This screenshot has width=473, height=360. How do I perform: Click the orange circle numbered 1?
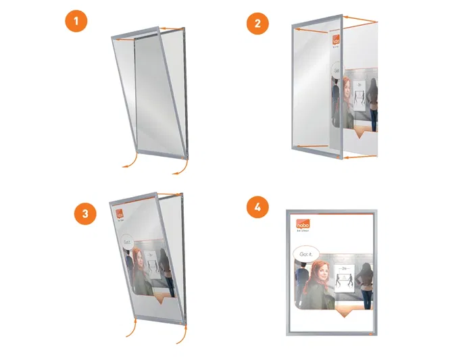coord(76,22)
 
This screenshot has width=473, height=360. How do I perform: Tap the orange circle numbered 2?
coord(256,25)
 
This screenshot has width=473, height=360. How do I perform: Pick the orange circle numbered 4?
coord(256,207)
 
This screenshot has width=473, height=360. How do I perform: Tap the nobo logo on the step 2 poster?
coord(336,43)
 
